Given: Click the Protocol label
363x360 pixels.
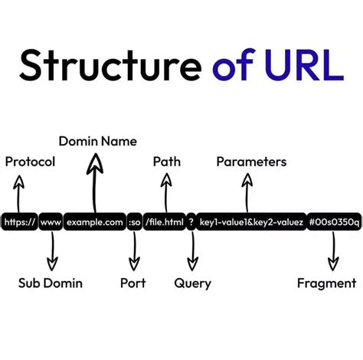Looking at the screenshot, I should pos(30,162).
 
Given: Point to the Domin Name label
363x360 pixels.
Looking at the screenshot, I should pos(98,141).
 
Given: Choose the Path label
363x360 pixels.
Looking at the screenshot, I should pos(167,162).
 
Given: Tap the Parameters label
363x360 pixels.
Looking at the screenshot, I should pos(251,162).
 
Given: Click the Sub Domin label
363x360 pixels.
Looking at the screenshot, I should pos(51,283).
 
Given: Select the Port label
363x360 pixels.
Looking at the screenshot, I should pos(133,283).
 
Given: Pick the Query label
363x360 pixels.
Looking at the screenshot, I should pos(192,283).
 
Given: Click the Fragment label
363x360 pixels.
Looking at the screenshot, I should pos(327,283).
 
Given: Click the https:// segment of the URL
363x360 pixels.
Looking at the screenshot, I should pos(19,222).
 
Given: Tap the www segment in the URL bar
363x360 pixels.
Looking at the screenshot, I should pos(51,222).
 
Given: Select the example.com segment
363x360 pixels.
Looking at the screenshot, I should pos(95,222).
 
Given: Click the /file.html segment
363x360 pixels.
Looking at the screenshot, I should pos(164,222).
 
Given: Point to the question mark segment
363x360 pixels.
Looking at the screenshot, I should pos(191,222).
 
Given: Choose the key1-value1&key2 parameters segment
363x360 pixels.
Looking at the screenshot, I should pos(251,222).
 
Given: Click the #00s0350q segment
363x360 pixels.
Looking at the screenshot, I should pos(333,222).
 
